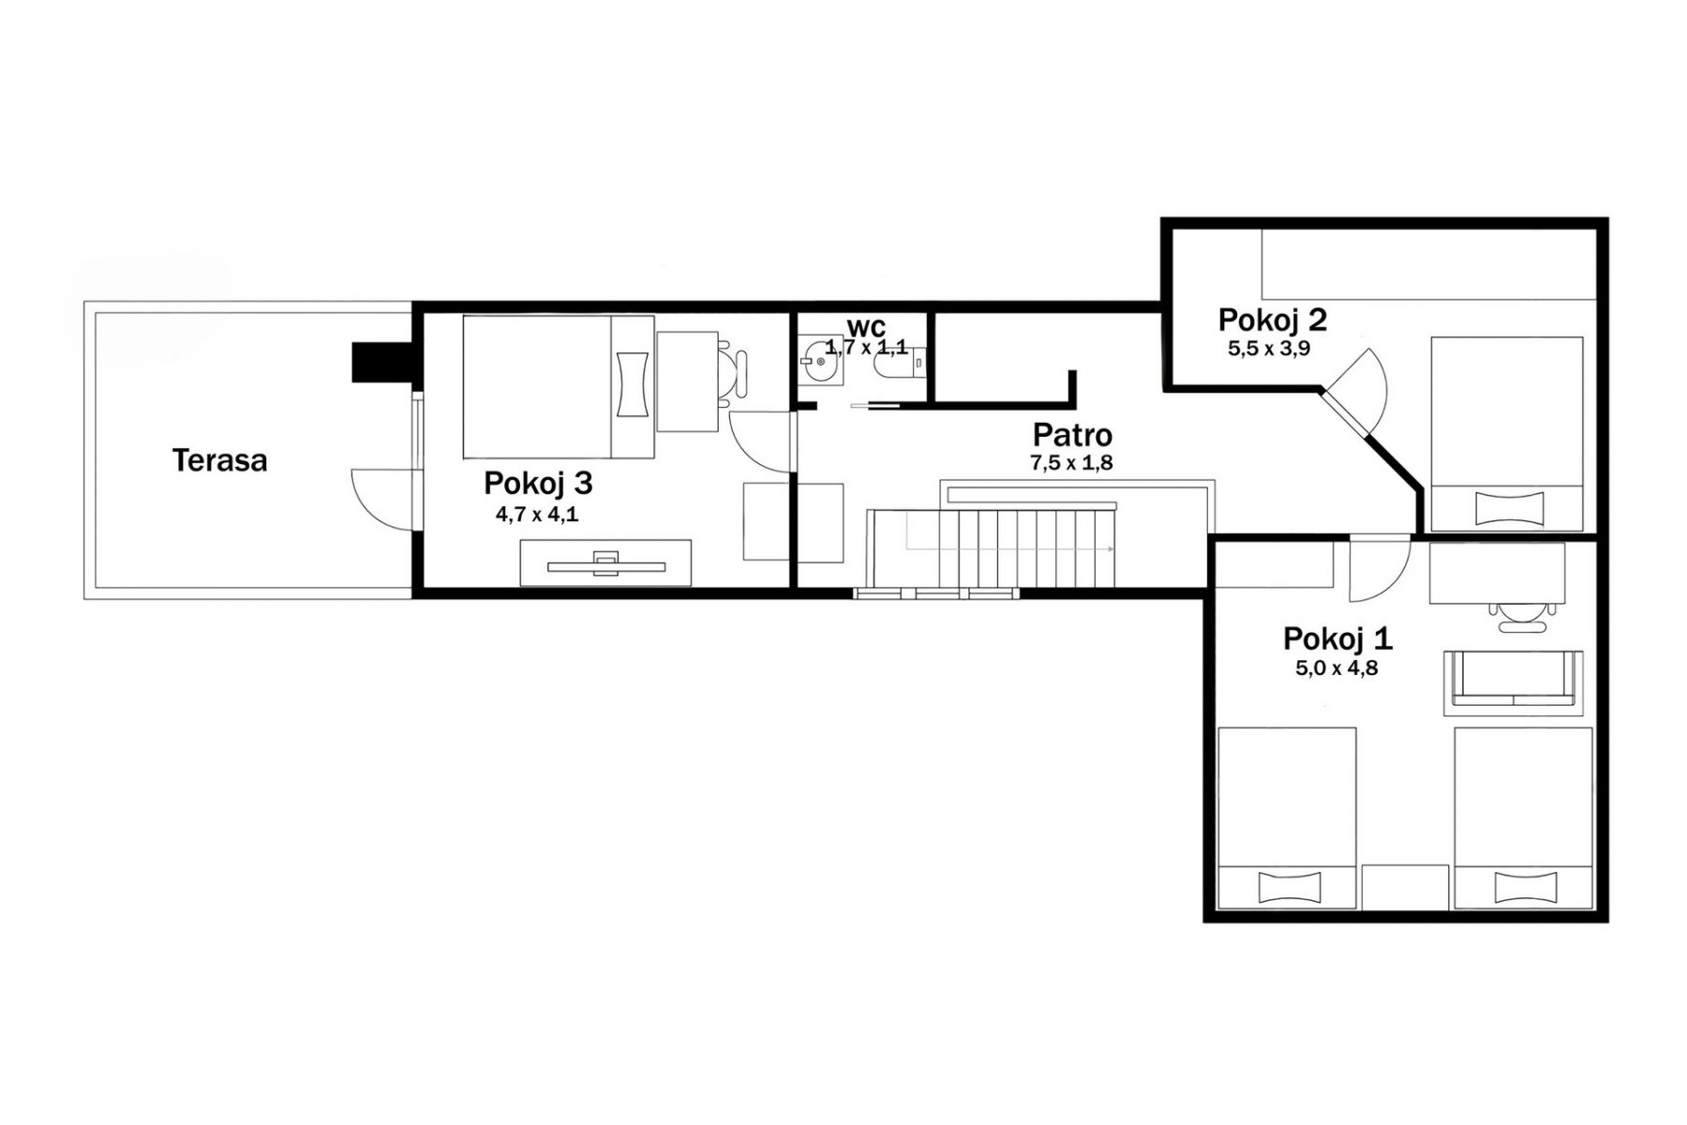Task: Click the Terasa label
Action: pos(219,460)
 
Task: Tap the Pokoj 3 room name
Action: pos(538,483)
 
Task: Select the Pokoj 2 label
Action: pos(1272,320)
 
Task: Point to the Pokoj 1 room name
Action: pos(1337,638)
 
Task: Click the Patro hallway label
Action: pos(1072,435)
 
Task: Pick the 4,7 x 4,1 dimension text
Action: pos(537,514)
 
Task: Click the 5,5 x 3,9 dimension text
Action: pos(1269,349)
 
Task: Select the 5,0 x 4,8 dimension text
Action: pos(1336,668)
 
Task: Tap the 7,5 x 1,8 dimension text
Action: pos(1071,462)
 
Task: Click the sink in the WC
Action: pos(822,361)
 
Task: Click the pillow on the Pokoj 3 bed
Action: pos(634,383)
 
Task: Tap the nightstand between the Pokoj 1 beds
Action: pos(1405,886)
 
